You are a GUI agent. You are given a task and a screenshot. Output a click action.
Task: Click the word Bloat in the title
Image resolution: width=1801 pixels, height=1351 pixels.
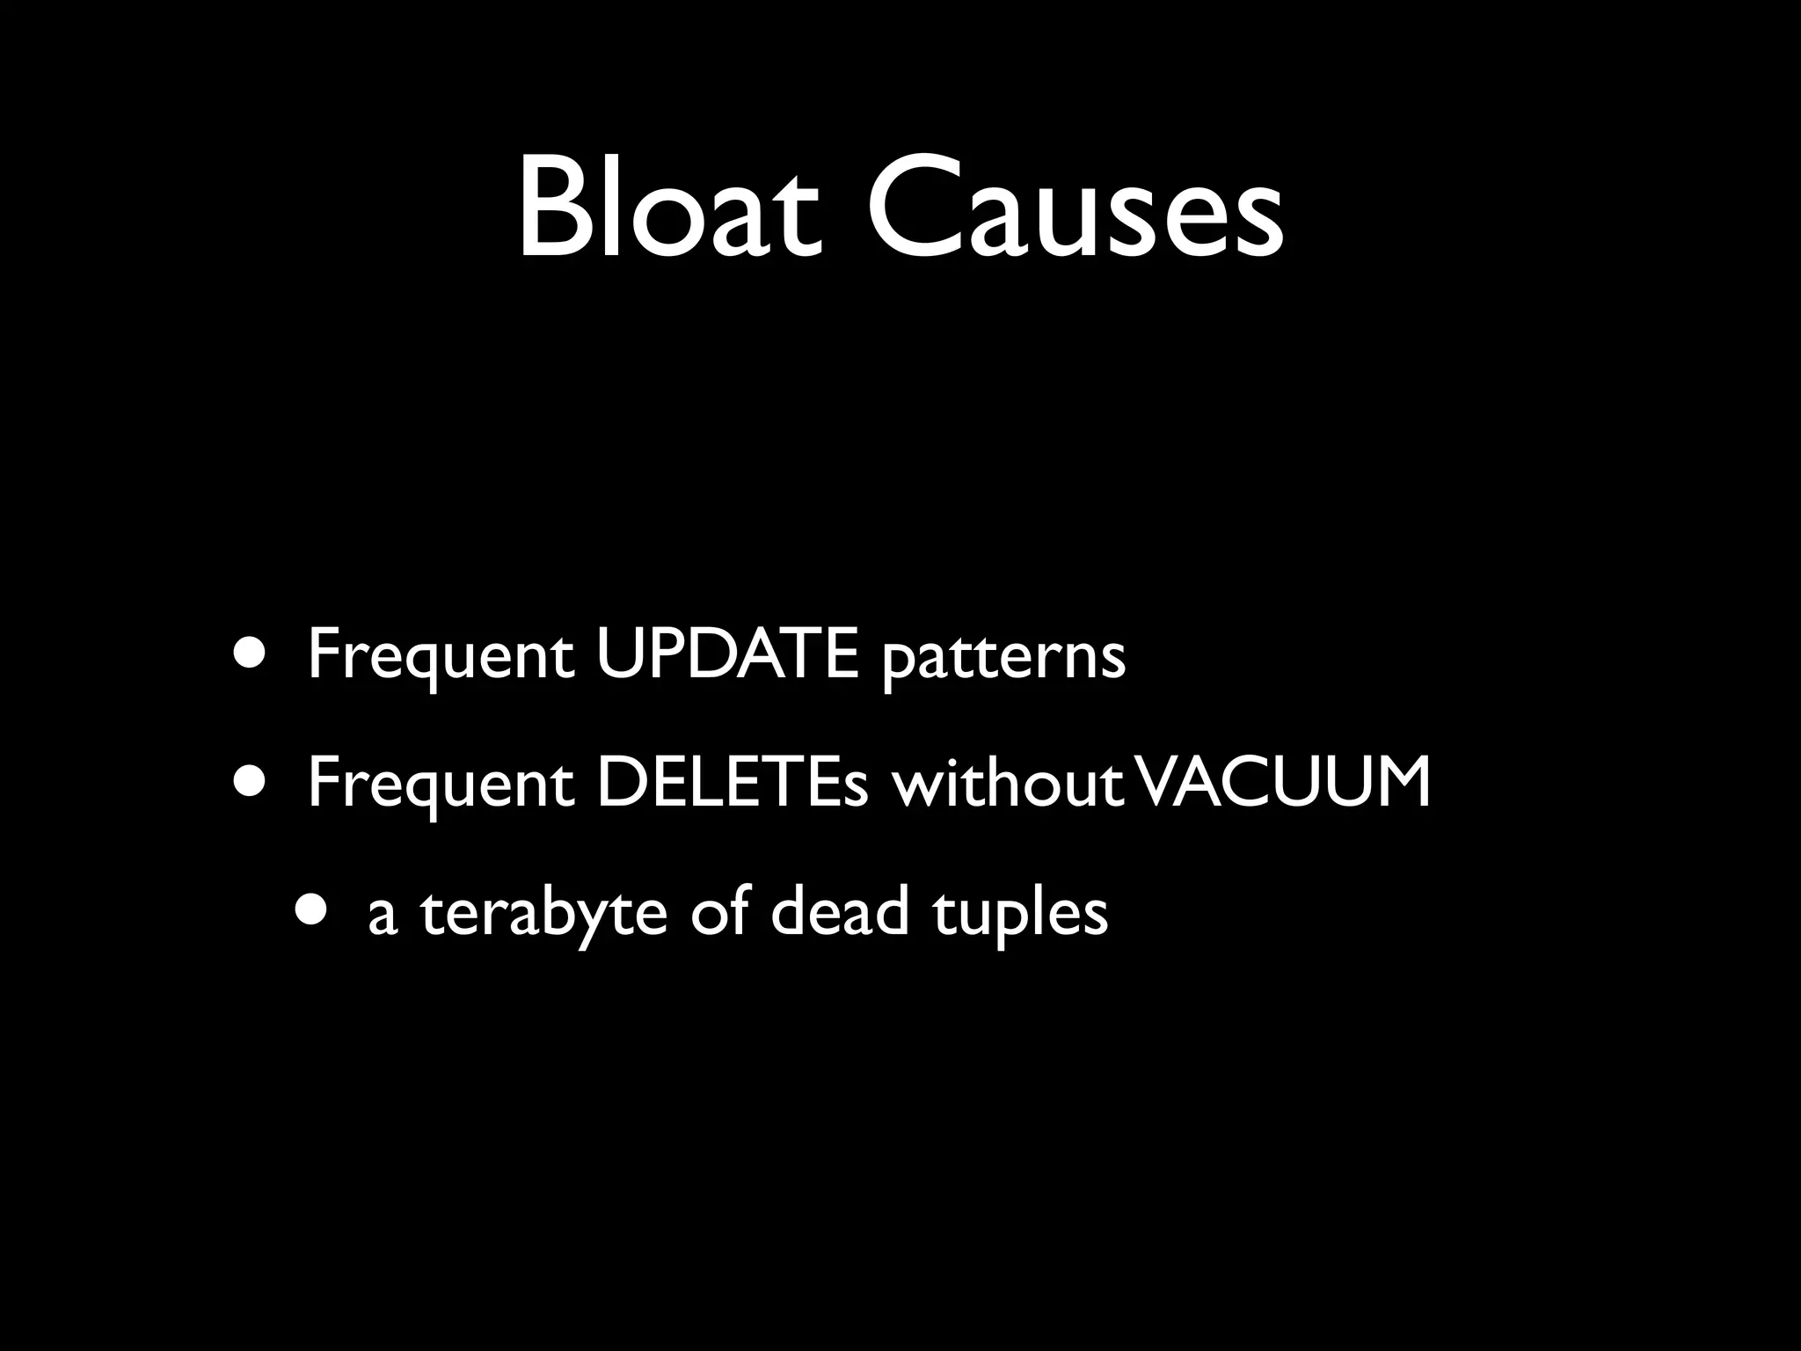[x=669, y=208]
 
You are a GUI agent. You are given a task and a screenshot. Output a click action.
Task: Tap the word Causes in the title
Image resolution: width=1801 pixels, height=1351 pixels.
[x=1075, y=208]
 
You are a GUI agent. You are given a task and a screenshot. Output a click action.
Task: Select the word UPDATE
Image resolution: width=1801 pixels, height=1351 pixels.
[x=726, y=655]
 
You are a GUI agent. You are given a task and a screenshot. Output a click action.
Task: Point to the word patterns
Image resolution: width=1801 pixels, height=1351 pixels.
[x=1003, y=659]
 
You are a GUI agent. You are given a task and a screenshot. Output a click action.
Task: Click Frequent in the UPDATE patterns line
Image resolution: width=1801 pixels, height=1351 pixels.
[x=441, y=659]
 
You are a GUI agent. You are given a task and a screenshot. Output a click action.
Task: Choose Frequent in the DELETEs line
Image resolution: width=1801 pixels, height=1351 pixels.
[x=441, y=785]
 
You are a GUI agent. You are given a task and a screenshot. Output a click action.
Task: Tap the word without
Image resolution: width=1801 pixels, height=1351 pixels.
[x=1008, y=783]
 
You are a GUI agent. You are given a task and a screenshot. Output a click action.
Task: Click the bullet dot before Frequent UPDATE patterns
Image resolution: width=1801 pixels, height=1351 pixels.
[x=247, y=654]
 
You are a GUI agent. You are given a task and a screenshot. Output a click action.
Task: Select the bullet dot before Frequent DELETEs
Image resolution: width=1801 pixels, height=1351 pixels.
[x=247, y=783]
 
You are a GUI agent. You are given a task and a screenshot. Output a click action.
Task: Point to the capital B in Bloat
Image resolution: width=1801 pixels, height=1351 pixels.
[x=551, y=208]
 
